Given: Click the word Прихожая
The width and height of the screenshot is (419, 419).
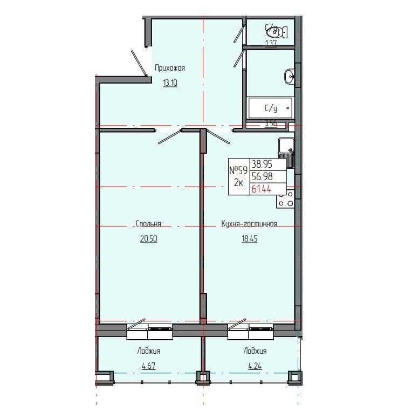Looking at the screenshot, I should (x=170, y=68).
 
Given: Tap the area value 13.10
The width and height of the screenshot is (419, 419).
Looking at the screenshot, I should (x=170, y=83).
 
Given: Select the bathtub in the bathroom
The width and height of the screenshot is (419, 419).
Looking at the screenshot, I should (x=270, y=108).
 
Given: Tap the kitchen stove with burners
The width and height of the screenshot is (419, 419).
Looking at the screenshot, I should (x=286, y=198).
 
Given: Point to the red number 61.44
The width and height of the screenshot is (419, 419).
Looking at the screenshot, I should (x=262, y=188).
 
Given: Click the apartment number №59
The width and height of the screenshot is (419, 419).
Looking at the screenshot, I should (x=238, y=170).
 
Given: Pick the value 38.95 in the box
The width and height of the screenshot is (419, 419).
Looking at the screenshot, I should (x=262, y=165).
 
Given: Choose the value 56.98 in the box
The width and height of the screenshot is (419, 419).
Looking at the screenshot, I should (x=262, y=176).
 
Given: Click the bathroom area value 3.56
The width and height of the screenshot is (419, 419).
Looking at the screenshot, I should (x=270, y=123).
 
